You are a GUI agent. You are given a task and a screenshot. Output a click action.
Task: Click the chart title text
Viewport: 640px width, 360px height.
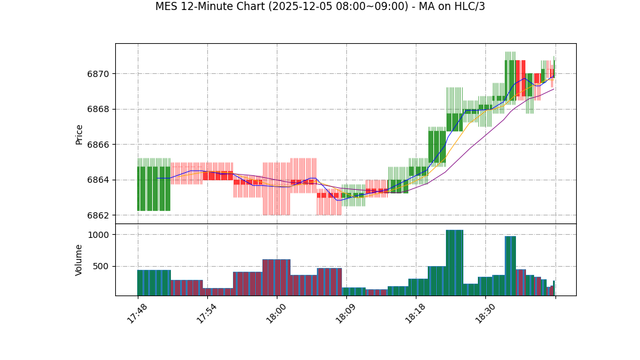[320, 7]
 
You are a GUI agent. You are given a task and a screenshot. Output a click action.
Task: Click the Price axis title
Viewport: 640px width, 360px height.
[80, 134]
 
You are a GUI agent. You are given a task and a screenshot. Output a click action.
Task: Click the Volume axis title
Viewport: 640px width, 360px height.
[80, 260]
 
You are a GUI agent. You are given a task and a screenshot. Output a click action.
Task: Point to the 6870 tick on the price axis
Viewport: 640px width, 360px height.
[98, 74]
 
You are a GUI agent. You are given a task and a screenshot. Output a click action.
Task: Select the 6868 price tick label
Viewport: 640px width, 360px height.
[98, 109]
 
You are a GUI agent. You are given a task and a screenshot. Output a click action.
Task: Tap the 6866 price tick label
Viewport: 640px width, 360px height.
[98, 145]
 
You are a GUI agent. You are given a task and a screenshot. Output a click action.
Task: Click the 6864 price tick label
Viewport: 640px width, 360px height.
[98, 180]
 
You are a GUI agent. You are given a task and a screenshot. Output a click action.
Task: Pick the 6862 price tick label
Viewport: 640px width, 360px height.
[98, 215]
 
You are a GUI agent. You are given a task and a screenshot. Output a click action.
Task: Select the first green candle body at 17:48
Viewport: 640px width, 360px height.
[142, 188]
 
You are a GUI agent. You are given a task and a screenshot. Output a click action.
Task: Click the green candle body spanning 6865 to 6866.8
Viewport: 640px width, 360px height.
[436, 147]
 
